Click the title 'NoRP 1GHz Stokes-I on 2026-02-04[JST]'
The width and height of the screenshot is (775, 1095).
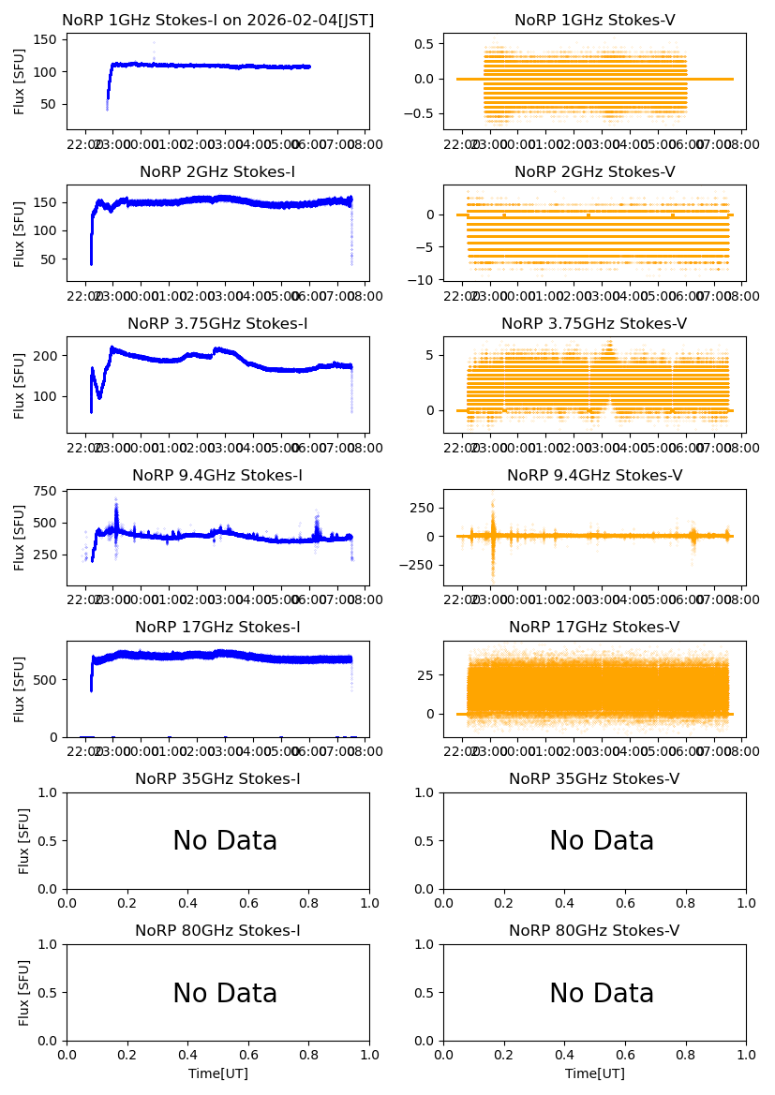click(x=217, y=20)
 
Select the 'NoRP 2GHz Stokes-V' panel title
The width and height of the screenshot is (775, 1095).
click(x=594, y=171)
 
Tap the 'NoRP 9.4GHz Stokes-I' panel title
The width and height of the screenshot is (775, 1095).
click(x=217, y=475)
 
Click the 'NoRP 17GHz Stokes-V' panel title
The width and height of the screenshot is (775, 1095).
click(x=594, y=627)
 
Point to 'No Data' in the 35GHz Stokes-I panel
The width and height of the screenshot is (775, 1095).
click(x=225, y=841)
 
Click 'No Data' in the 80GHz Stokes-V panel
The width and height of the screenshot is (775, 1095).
click(x=602, y=993)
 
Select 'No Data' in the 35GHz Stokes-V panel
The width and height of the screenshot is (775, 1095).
click(x=602, y=841)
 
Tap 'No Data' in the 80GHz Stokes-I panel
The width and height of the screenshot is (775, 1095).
click(x=225, y=993)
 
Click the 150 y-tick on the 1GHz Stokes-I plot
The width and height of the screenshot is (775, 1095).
click(x=48, y=40)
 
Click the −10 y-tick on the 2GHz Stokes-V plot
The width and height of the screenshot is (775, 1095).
click(x=425, y=280)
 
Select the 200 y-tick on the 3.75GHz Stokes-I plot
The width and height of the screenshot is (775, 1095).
click(x=48, y=356)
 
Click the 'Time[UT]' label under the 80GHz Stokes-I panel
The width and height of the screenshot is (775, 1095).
click(x=217, y=1073)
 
